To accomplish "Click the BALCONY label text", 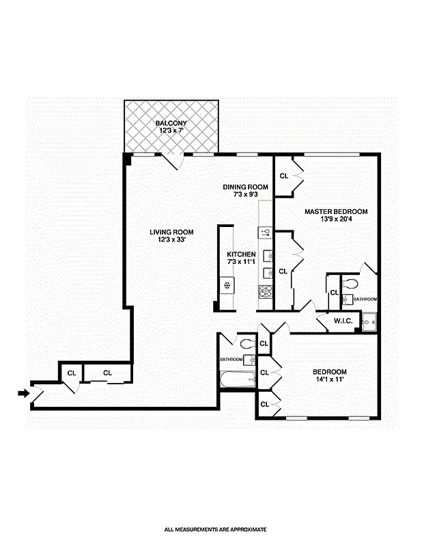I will (171, 123).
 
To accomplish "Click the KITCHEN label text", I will (241, 254).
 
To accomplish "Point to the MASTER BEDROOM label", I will (336, 212).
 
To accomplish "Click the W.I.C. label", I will (342, 321).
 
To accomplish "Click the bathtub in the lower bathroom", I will (236, 380).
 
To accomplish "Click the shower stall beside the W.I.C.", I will (369, 320).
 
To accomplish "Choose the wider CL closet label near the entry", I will (107, 373).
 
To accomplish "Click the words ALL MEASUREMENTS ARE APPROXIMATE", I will (210, 529).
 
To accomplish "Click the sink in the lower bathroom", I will (250, 360).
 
